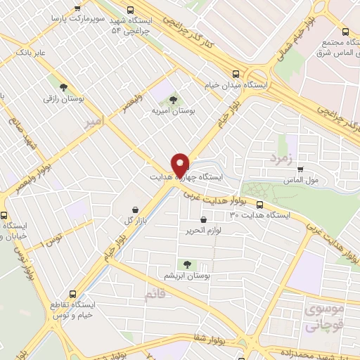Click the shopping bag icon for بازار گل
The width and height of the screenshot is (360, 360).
pos(136,209)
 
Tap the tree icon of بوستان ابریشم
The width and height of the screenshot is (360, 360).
pos(187,264)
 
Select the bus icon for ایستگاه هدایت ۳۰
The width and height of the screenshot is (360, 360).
pos(260,205)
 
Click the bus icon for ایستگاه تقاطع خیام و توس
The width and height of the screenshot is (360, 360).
pos(73,295)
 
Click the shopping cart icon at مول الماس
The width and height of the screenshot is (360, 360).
pos(300,169)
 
